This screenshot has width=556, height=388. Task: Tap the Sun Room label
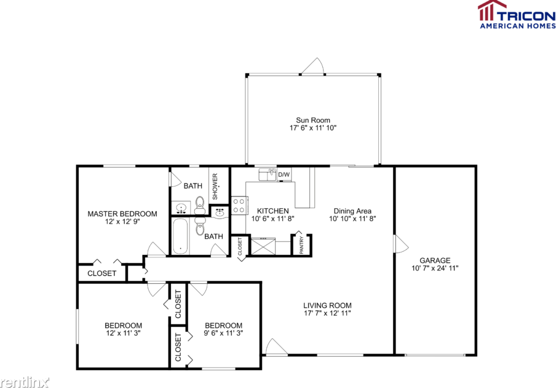[x=313, y=120]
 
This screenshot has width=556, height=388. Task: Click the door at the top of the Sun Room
[x=314, y=67]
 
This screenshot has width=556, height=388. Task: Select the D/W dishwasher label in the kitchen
[x=284, y=175]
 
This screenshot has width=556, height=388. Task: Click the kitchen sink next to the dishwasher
[x=268, y=175]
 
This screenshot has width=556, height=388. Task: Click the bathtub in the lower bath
[x=180, y=236]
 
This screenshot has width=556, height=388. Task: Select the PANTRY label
[x=301, y=246]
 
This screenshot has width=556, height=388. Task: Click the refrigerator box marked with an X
[x=263, y=248]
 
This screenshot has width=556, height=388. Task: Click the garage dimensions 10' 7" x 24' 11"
[x=435, y=269]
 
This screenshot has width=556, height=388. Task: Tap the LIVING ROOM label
[x=327, y=305]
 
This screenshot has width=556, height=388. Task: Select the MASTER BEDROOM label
[x=122, y=214]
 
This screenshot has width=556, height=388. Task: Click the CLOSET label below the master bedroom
[x=101, y=273]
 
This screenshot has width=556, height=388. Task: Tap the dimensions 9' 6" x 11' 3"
[x=223, y=334]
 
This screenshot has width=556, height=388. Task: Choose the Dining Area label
[x=352, y=211]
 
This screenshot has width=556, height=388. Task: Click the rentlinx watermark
[x=25, y=382]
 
